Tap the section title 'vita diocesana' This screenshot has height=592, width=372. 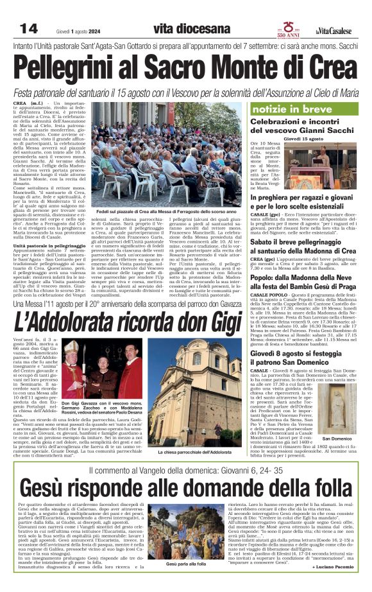(x=192, y=29)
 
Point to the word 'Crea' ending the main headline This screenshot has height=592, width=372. (x=333, y=67)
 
